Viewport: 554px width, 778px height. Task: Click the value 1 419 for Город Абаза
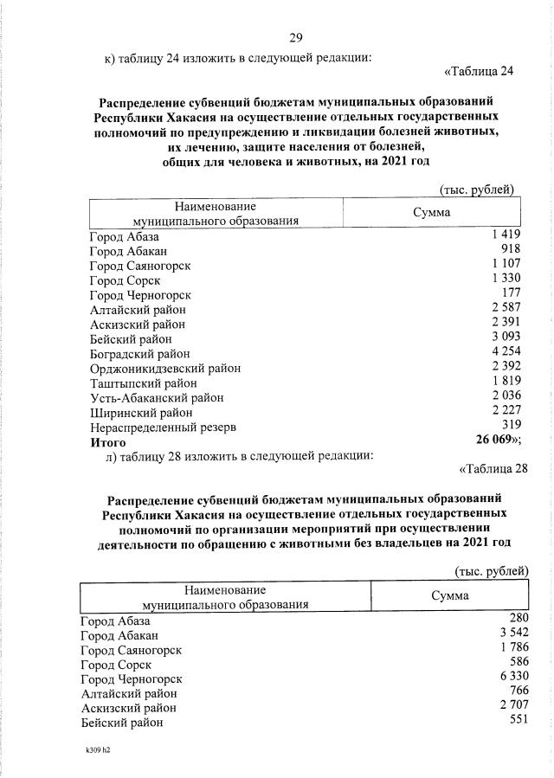click(x=504, y=235)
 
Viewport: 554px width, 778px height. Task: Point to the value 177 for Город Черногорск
click(x=508, y=293)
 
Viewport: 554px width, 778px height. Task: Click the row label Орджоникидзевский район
click(x=165, y=368)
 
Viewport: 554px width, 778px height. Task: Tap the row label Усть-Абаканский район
click(x=157, y=397)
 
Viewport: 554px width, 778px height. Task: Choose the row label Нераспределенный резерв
click(x=164, y=427)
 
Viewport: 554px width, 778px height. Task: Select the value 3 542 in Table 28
click(x=511, y=633)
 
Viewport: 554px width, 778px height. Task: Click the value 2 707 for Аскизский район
click(x=511, y=706)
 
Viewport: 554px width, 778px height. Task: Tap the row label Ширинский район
click(x=141, y=412)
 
